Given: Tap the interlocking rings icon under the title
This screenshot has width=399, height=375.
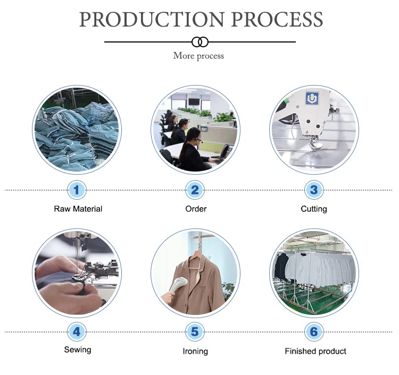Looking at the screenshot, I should pos(199,41).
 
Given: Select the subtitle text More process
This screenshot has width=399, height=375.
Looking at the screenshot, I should pos(198,56).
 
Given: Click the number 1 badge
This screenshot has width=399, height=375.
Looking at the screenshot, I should pos(77,190).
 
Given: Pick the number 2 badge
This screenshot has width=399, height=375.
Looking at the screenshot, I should pos(195,190).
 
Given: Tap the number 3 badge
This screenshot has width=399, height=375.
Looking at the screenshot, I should pos(313,190).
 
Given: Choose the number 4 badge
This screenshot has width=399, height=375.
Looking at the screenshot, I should pos(77,332).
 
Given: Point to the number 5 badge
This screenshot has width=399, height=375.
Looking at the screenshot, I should pos(195,332).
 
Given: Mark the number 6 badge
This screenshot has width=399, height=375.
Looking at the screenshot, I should pos(313,332).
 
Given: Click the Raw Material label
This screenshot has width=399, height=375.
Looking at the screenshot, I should pos(78,209).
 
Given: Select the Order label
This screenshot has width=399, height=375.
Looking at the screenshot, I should pos(196,209).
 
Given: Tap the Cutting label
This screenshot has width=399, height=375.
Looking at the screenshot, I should pos(314,209).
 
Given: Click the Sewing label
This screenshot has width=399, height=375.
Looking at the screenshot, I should pos(78,350).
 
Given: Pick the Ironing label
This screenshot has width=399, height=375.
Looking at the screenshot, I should pos(195,351).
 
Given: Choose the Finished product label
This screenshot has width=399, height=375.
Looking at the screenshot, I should pos(315,351).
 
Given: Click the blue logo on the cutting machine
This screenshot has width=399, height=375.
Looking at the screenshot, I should pos(311,99).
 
